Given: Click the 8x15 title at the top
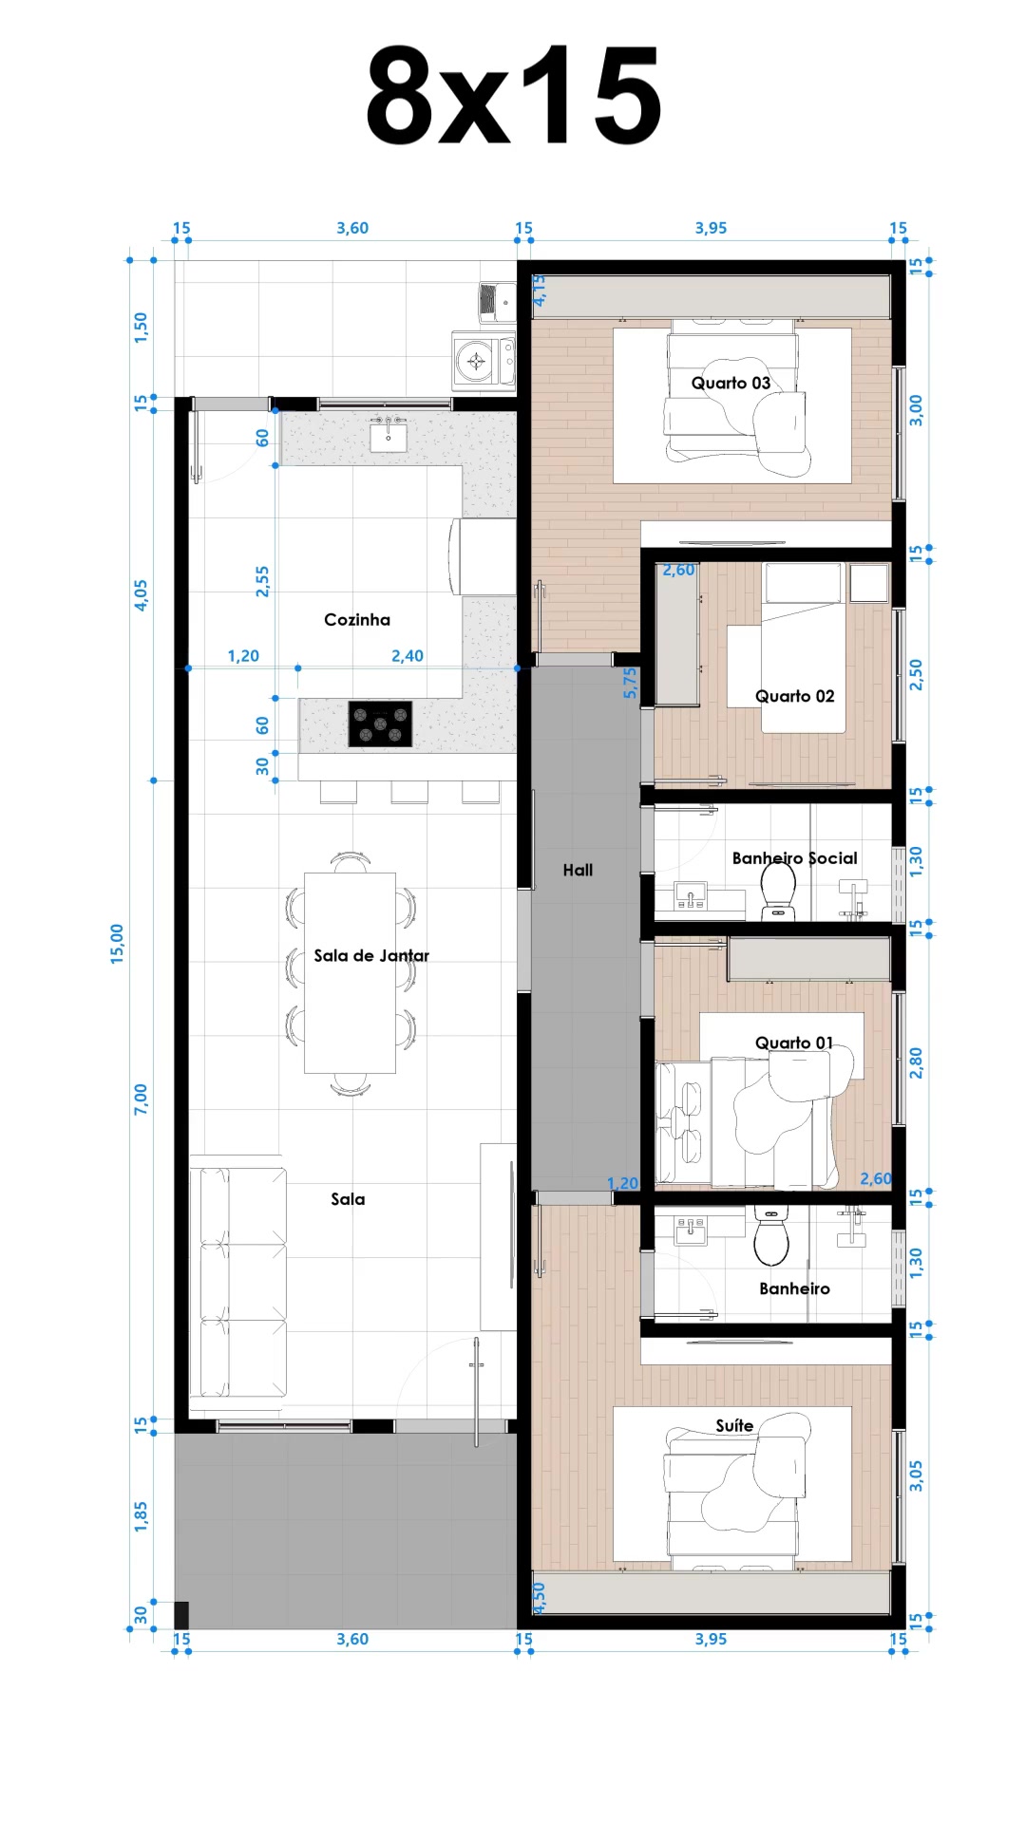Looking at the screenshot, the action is [513, 95].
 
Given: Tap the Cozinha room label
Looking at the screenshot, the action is [357, 620].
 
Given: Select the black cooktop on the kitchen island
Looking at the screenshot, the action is [380, 724].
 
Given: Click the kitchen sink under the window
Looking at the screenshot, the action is [388, 437].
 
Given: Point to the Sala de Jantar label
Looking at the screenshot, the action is [371, 955].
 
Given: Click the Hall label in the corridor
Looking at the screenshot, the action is [578, 870].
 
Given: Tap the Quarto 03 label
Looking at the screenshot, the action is [731, 383].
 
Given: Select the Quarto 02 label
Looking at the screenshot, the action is [794, 696].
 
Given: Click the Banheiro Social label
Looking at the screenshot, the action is [794, 858].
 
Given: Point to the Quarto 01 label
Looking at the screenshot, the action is [793, 1043].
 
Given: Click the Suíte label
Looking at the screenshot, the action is [734, 1425].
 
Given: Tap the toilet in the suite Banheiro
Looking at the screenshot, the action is [771, 1235].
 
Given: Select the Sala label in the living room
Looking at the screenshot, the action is [348, 1199].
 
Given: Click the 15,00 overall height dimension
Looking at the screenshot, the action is [117, 944].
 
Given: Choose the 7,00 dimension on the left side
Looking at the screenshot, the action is [141, 1099].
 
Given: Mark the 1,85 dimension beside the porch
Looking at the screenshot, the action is [141, 1516].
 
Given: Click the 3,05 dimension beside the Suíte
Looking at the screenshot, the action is [916, 1475].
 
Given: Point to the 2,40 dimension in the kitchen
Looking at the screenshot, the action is [408, 656].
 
